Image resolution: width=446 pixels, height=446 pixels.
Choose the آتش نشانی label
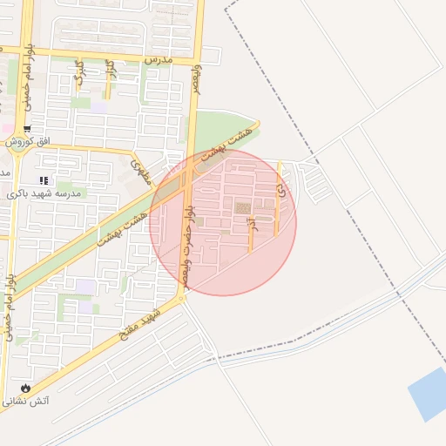(x=26, y=402)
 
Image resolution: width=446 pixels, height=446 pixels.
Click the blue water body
(x=428, y=394)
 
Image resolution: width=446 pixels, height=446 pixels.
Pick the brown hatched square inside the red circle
(x=242, y=207)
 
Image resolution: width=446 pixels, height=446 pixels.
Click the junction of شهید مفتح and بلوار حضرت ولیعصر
(x=182, y=299)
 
